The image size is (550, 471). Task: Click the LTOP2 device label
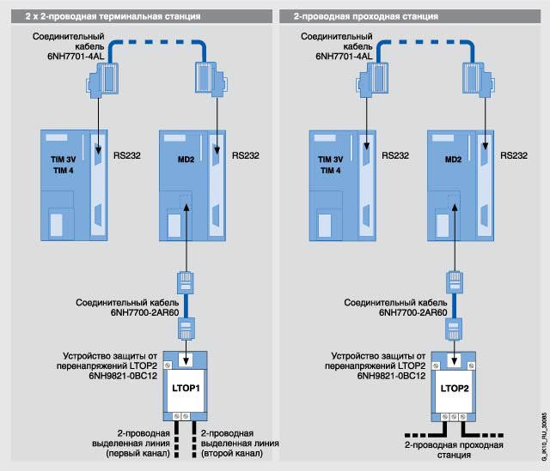455,387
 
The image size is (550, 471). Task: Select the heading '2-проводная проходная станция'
354,16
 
